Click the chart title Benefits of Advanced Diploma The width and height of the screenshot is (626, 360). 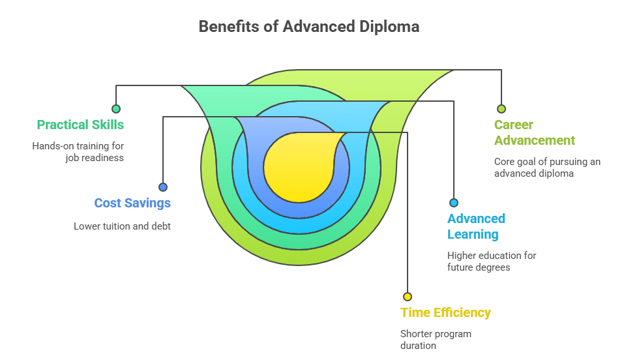pyautogui.click(x=308, y=27)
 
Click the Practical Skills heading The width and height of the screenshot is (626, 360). pyautogui.click(x=80, y=125)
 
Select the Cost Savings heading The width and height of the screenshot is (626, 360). pyautogui.click(x=132, y=203)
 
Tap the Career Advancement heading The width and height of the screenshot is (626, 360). pyautogui.click(x=534, y=132)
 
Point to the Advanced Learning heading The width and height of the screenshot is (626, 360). pyautogui.click(x=476, y=226)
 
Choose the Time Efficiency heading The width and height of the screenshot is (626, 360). pyautogui.click(x=445, y=312)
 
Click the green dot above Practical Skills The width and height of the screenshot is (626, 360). pyautogui.click(x=116, y=109)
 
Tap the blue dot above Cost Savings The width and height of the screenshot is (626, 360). pyautogui.click(x=163, y=187)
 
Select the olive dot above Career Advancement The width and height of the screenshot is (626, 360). pyautogui.click(x=501, y=109)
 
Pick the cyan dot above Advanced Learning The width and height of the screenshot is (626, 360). pyautogui.click(x=454, y=203)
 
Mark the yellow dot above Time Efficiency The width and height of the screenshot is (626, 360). pyautogui.click(x=408, y=297)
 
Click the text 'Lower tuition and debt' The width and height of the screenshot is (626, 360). pyautogui.click(x=122, y=226)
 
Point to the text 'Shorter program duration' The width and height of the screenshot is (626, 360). pyautogui.click(x=435, y=340)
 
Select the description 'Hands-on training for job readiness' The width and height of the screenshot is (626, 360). pyautogui.click(x=78, y=152)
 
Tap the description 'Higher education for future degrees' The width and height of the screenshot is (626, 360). pyautogui.click(x=491, y=261)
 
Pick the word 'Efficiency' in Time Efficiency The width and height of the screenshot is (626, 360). pyautogui.click(x=462, y=312)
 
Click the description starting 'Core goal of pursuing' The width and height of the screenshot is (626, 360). pyautogui.click(x=547, y=168)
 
